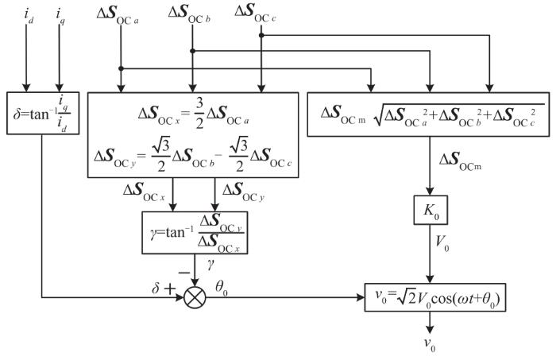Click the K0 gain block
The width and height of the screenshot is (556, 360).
[x=431, y=210]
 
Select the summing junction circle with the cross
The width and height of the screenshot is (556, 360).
[x=195, y=297]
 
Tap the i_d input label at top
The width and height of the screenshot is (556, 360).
[x=29, y=16]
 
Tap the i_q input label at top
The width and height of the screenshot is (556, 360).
[x=60, y=17]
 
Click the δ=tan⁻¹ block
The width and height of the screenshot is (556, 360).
[x=43, y=113]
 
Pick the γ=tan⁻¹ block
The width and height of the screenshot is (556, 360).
[x=195, y=233]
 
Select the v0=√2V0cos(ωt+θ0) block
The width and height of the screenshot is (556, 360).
[x=435, y=297]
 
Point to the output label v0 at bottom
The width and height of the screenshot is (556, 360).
[x=430, y=344]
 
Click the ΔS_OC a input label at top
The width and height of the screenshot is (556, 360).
[x=118, y=15]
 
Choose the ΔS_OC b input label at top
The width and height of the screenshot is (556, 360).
[x=189, y=14]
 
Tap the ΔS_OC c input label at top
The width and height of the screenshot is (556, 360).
[x=255, y=13]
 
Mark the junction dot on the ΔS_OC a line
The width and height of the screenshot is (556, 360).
[x=121, y=68]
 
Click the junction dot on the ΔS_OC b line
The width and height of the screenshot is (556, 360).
[x=192, y=51]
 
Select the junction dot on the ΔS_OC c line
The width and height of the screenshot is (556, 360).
[x=261, y=35]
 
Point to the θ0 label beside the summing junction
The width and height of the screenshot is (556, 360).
[x=222, y=288]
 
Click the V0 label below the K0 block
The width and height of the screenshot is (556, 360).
[x=442, y=244]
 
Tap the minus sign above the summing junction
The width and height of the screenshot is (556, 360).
[x=184, y=273]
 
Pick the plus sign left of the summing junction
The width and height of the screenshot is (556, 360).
[x=169, y=289]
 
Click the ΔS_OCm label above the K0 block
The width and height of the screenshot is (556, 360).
[x=460, y=162]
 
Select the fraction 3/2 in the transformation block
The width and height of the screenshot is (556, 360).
[x=199, y=114]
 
